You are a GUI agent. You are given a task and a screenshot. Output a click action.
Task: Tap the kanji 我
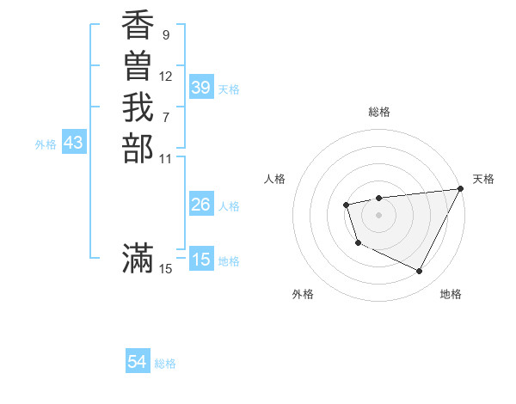(138, 107)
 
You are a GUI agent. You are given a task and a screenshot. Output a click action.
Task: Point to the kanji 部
(138, 147)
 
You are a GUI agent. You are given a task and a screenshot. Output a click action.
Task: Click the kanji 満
(138, 258)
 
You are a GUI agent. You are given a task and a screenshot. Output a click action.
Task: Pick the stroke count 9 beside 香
(165, 35)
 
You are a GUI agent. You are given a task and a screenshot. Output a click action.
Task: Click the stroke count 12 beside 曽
(166, 76)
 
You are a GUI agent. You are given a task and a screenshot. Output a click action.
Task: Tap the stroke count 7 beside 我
(165, 116)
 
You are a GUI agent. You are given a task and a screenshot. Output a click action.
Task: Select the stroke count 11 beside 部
(166, 157)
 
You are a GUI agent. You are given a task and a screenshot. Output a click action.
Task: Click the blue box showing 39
(201, 88)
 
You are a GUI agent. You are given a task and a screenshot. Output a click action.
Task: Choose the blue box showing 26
(201, 205)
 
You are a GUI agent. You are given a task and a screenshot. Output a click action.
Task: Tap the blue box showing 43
(73, 144)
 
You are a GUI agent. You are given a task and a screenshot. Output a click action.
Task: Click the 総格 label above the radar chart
(379, 112)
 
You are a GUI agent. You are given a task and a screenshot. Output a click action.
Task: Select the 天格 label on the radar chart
(483, 179)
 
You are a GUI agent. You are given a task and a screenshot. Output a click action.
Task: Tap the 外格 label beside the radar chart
(303, 294)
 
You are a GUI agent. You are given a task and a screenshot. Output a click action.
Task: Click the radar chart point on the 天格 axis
(462, 188)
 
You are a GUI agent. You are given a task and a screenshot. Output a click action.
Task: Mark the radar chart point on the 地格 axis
(420, 272)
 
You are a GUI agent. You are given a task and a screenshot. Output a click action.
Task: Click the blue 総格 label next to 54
(165, 364)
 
